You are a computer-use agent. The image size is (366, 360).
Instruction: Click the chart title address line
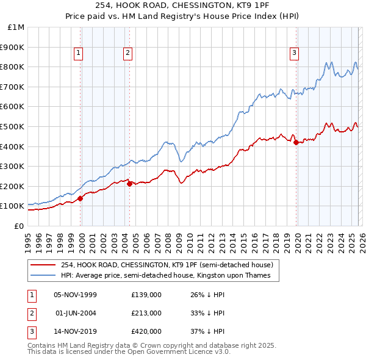(182, 5)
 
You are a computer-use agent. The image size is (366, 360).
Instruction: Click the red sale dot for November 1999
(81, 198)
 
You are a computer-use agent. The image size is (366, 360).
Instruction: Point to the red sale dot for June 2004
(129, 184)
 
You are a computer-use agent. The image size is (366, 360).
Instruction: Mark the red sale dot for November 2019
(296, 142)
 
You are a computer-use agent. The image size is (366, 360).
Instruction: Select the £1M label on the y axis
(16, 27)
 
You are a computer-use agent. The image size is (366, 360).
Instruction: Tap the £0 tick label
(19, 226)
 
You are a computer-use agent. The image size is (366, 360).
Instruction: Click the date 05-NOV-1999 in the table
(75, 295)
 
